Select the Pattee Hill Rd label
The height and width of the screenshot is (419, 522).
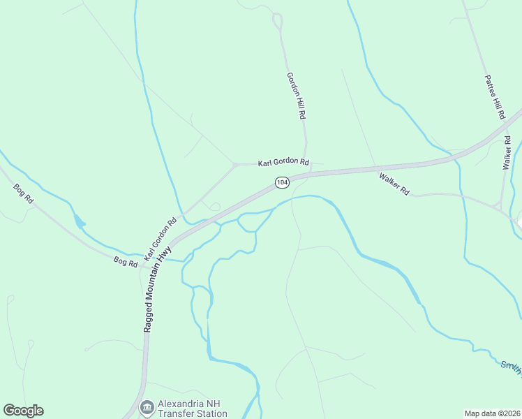tap(494, 98)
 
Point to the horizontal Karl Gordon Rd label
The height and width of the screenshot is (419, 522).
tap(283, 162)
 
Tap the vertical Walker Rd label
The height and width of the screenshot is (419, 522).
tap(507, 153)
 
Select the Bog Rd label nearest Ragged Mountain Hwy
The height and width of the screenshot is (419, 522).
tap(126, 261)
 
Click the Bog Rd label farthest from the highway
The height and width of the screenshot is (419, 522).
tap(24, 193)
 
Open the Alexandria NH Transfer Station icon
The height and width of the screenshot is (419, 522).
tap(147, 406)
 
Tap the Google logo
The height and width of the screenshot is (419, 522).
tap(23, 411)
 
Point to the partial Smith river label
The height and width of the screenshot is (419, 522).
tap(512, 367)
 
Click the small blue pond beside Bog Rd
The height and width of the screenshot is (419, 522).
tap(79, 223)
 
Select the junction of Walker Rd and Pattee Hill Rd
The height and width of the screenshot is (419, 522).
tap(501, 207)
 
